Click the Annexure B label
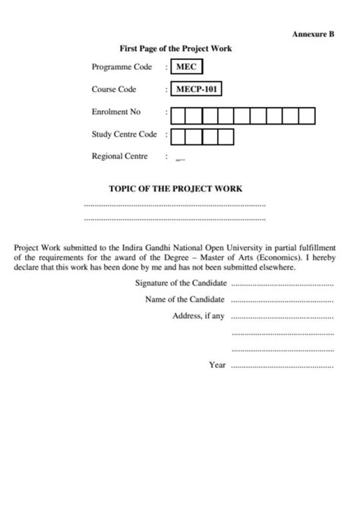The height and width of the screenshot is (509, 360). point(313,34)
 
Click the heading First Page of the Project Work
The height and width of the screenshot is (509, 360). point(175,49)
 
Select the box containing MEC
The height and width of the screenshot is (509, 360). point(186,68)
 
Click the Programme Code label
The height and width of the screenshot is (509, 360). point(122,67)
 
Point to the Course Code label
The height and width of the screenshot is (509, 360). point(114,90)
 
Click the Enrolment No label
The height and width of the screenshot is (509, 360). point(116,112)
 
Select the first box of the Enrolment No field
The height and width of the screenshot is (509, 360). point(178,115)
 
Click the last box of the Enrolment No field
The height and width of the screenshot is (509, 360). point(306,115)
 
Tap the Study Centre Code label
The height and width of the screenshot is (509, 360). point(124,134)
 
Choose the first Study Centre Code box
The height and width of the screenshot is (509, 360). point(178,138)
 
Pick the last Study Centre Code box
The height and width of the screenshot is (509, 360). point(226,138)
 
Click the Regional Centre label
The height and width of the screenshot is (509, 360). point(120,156)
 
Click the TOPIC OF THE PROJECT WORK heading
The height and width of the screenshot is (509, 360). point(175,189)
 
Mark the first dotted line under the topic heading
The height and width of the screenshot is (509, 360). point(175,205)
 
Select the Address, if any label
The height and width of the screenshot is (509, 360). point(199,316)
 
